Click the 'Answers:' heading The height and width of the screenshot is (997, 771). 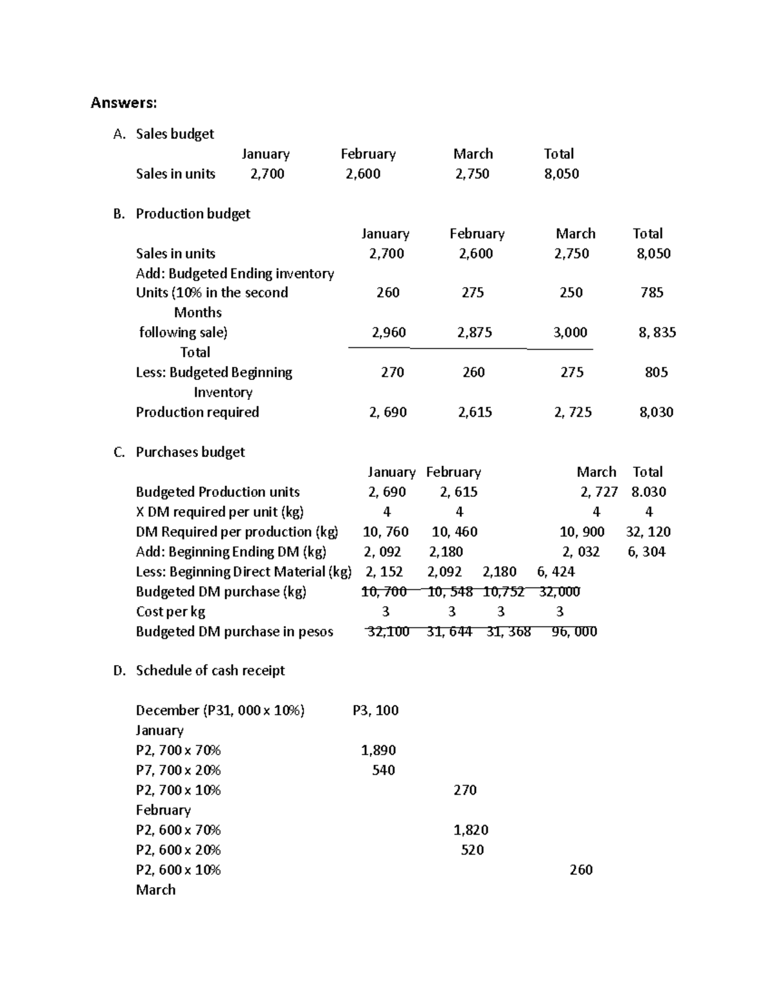click(123, 103)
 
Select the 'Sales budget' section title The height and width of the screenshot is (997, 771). click(175, 134)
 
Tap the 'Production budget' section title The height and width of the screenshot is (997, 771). click(193, 213)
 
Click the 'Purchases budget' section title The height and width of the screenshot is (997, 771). click(190, 452)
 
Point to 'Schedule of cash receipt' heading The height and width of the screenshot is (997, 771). click(210, 670)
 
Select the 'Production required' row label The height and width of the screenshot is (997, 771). click(197, 412)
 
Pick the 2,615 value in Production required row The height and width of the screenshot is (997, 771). click(475, 412)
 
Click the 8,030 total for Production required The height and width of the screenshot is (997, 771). click(656, 412)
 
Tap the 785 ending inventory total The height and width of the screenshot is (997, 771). click(651, 293)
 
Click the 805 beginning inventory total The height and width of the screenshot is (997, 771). click(656, 372)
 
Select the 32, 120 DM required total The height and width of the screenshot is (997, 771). click(648, 532)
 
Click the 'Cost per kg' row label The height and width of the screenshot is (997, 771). click(170, 612)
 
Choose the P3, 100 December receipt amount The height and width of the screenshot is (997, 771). click(375, 710)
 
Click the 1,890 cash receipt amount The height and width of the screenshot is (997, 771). click(378, 750)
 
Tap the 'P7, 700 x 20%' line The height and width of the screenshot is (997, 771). click(178, 770)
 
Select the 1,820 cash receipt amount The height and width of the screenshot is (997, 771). click(471, 829)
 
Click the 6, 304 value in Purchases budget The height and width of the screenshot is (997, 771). click(646, 551)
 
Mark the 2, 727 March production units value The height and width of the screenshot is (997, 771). click(599, 492)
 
